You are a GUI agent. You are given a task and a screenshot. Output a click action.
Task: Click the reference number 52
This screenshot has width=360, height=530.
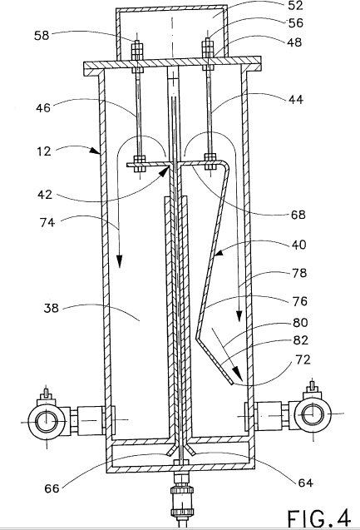point(295,5)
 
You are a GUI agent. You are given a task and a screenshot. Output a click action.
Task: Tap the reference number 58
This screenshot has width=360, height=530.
point(42,36)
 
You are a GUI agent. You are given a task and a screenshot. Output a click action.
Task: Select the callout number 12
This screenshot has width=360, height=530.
point(43,151)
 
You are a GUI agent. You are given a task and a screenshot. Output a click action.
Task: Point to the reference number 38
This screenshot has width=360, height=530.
point(51,308)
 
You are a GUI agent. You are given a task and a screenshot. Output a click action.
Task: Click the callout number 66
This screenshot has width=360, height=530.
point(52,488)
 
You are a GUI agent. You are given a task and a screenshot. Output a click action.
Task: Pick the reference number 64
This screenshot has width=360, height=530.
point(306,483)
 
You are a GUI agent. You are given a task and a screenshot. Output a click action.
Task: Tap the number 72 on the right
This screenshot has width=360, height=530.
point(303,359)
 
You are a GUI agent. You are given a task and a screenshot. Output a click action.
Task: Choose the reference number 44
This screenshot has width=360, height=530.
point(296,100)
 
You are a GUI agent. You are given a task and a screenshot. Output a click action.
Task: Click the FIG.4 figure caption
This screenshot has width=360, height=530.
point(318,518)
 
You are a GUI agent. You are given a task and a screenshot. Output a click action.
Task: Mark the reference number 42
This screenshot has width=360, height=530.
point(45,195)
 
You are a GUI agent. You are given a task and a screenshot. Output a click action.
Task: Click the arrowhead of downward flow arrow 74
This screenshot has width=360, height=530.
point(119,261)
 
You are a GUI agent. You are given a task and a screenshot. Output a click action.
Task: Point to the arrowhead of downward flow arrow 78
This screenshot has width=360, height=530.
point(239,315)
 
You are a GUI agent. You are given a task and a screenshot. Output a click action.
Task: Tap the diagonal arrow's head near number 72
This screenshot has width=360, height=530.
point(238,375)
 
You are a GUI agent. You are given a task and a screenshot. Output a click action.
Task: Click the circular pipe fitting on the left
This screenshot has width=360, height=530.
point(47,422)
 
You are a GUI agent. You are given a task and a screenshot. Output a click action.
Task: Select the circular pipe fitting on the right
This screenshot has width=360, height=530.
point(313,414)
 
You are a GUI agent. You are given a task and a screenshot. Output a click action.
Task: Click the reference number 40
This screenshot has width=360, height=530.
point(298,245)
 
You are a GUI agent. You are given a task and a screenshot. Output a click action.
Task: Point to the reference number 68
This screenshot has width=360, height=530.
point(298,215)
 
